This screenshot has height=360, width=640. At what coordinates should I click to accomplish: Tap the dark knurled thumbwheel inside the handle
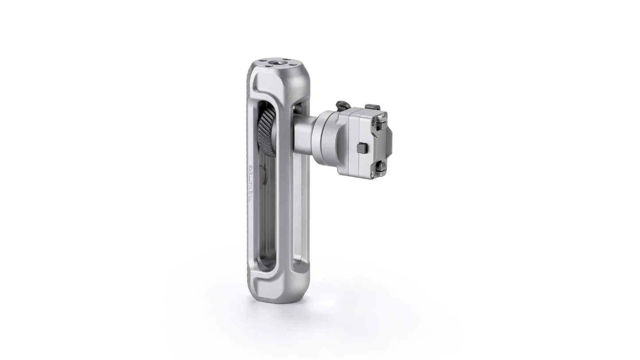point(266,132)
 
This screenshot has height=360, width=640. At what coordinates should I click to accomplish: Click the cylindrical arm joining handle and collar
point(303,133)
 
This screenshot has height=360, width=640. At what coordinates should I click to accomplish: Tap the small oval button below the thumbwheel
point(264,174)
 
